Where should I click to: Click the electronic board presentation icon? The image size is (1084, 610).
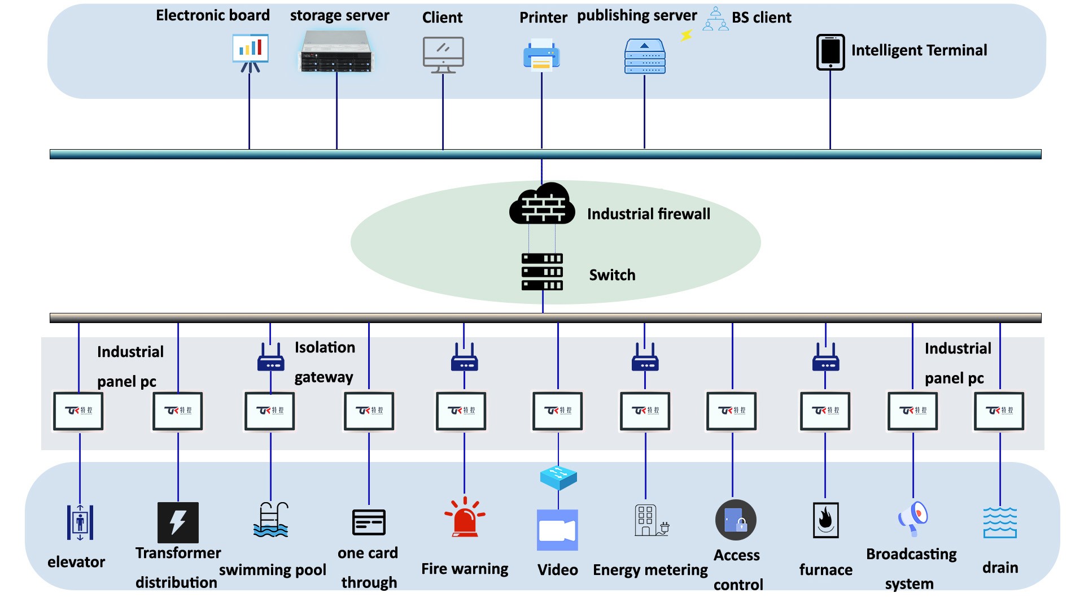click(250, 52)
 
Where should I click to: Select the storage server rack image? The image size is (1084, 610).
click(336, 52)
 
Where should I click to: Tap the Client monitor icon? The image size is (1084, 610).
click(443, 54)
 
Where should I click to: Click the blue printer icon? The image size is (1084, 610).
click(541, 55)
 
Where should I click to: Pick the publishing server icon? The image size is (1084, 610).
click(645, 56)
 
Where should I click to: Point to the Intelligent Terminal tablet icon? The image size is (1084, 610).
click(830, 52)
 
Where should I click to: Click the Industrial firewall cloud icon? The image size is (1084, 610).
click(542, 204)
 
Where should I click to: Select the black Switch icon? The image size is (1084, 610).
click(542, 272)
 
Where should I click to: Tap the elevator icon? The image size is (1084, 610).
click(80, 522)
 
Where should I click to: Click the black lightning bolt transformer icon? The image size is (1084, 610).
click(178, 522)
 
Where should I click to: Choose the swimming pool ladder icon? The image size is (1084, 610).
click(271, 520)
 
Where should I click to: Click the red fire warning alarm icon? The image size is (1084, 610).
click(465, 517)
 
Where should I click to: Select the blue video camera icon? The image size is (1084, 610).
click(557, 530)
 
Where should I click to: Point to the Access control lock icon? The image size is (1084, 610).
click(736, 520)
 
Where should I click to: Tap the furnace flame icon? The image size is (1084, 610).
click(825, 520)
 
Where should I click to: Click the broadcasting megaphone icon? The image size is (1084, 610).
click(913, 518)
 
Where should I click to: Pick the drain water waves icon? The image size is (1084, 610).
click(1000, 522)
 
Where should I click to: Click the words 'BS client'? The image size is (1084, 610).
click(761, 18)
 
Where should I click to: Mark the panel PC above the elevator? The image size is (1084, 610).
click(78, 411)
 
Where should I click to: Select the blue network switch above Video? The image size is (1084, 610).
click(558, 477)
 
